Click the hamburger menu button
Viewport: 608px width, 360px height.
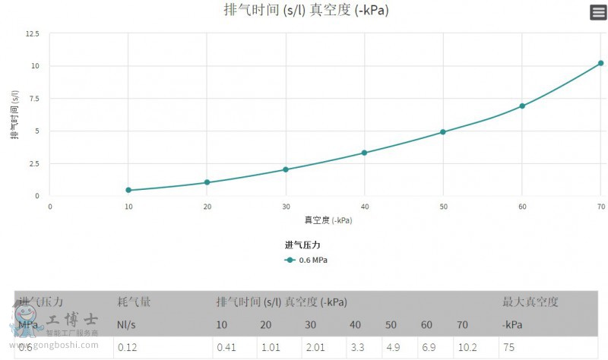[598, 12]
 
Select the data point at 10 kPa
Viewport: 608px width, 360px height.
[128, 190]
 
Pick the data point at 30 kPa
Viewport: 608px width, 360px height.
[286, 169]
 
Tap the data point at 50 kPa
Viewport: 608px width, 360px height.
[443, 132]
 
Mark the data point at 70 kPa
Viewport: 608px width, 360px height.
[600, 63]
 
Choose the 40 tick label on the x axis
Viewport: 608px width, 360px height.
[364, 207]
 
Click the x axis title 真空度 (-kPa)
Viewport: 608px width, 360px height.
[328, 220]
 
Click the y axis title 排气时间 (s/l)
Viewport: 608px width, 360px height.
[14, 114]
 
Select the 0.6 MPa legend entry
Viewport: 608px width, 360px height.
[307, 260]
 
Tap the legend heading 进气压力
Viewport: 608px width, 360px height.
[303, 245]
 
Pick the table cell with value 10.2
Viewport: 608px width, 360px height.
[466, 348]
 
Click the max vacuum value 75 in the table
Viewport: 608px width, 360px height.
[509, 348]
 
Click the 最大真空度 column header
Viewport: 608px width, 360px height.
[530, 302]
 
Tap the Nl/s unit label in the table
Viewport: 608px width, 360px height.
[126, 325]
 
